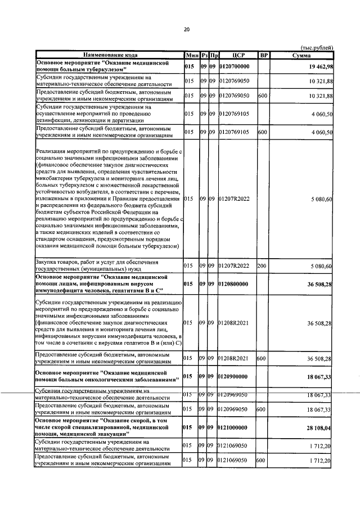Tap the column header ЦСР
coord(236,55)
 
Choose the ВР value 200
coord(262,265)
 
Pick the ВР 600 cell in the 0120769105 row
coord(262,132)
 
